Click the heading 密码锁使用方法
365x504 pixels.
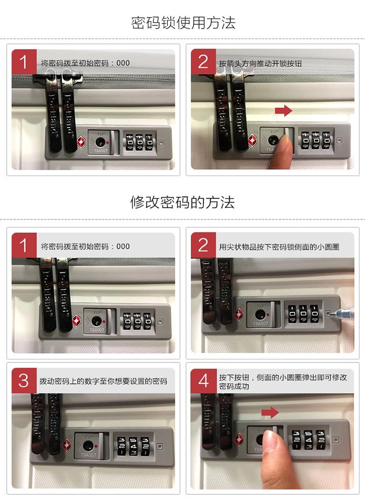point(183,23)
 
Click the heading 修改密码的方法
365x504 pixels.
point(182,202)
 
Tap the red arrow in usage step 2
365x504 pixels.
point(283,111)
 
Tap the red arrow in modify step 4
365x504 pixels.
point(270,413)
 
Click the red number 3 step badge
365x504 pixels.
point(23,380)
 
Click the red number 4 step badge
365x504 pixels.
point(203,381)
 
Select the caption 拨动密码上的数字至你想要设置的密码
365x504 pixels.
point(103,381)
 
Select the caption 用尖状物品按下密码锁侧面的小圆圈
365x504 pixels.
point(279,247)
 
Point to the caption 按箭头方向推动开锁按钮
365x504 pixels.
point(260,63)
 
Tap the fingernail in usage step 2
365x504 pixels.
point(284,142)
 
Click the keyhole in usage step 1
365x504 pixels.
point(100,142)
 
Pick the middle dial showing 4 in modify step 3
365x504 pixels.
point(133,446)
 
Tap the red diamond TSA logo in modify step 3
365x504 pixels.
point(67,446)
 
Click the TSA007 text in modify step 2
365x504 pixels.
point(260,324)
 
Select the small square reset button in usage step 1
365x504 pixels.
point(162,143)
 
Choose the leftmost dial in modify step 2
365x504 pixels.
point(292,313)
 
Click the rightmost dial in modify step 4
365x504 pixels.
point(321,439)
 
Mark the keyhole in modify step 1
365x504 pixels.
point(96,321)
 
